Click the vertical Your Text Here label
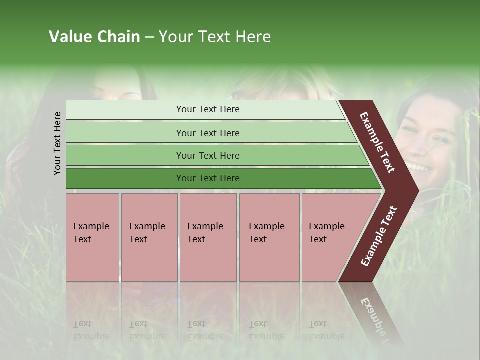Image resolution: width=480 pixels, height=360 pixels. pos(57,143)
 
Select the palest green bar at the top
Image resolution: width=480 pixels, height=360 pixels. pos(207,109)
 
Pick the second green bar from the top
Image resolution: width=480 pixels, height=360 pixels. pos(207,133)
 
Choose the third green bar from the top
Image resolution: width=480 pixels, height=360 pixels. pos(207,155)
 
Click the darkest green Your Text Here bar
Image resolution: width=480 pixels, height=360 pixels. pos(207,178)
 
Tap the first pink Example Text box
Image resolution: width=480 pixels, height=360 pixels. pos(92,237)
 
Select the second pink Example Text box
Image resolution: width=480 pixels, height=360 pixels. pos(149,237)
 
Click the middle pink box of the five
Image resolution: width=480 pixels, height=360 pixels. pos(208,237)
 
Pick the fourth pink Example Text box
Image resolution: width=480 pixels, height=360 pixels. pos(269,237)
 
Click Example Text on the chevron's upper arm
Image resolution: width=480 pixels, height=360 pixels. pos(377,142)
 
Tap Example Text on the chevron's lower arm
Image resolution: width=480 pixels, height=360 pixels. pos(379,236)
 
